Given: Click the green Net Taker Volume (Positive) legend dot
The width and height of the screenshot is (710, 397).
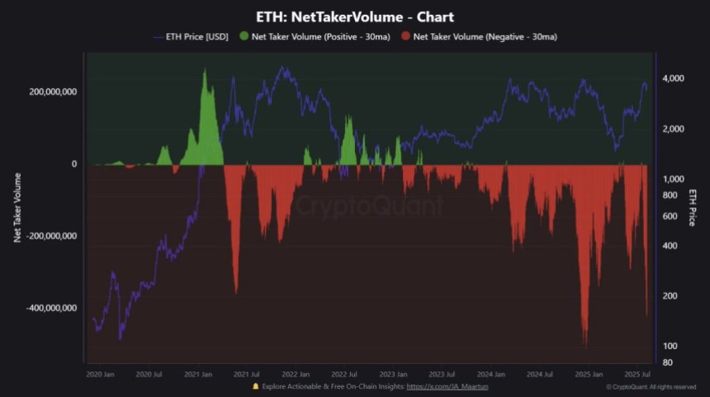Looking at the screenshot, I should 244,36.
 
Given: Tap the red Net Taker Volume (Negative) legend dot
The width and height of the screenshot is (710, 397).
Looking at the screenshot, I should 405,36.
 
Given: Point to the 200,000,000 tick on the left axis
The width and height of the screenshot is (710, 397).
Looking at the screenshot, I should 53,92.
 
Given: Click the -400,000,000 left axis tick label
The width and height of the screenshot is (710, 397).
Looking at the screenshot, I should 51,308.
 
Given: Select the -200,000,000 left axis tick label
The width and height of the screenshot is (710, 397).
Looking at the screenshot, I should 51,236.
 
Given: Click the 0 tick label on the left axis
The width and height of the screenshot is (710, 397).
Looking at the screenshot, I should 73,164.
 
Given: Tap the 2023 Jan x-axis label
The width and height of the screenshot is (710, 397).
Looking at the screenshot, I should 394,373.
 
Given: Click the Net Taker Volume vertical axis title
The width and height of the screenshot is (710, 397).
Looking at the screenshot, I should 17,207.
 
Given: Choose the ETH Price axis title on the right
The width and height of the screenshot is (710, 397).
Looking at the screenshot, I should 692,207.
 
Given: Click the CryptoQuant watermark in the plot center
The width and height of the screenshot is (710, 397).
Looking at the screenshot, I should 369,205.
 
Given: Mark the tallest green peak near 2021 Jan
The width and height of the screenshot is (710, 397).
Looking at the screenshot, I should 205,71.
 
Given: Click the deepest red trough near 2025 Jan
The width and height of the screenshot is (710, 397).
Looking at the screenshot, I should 585,346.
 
